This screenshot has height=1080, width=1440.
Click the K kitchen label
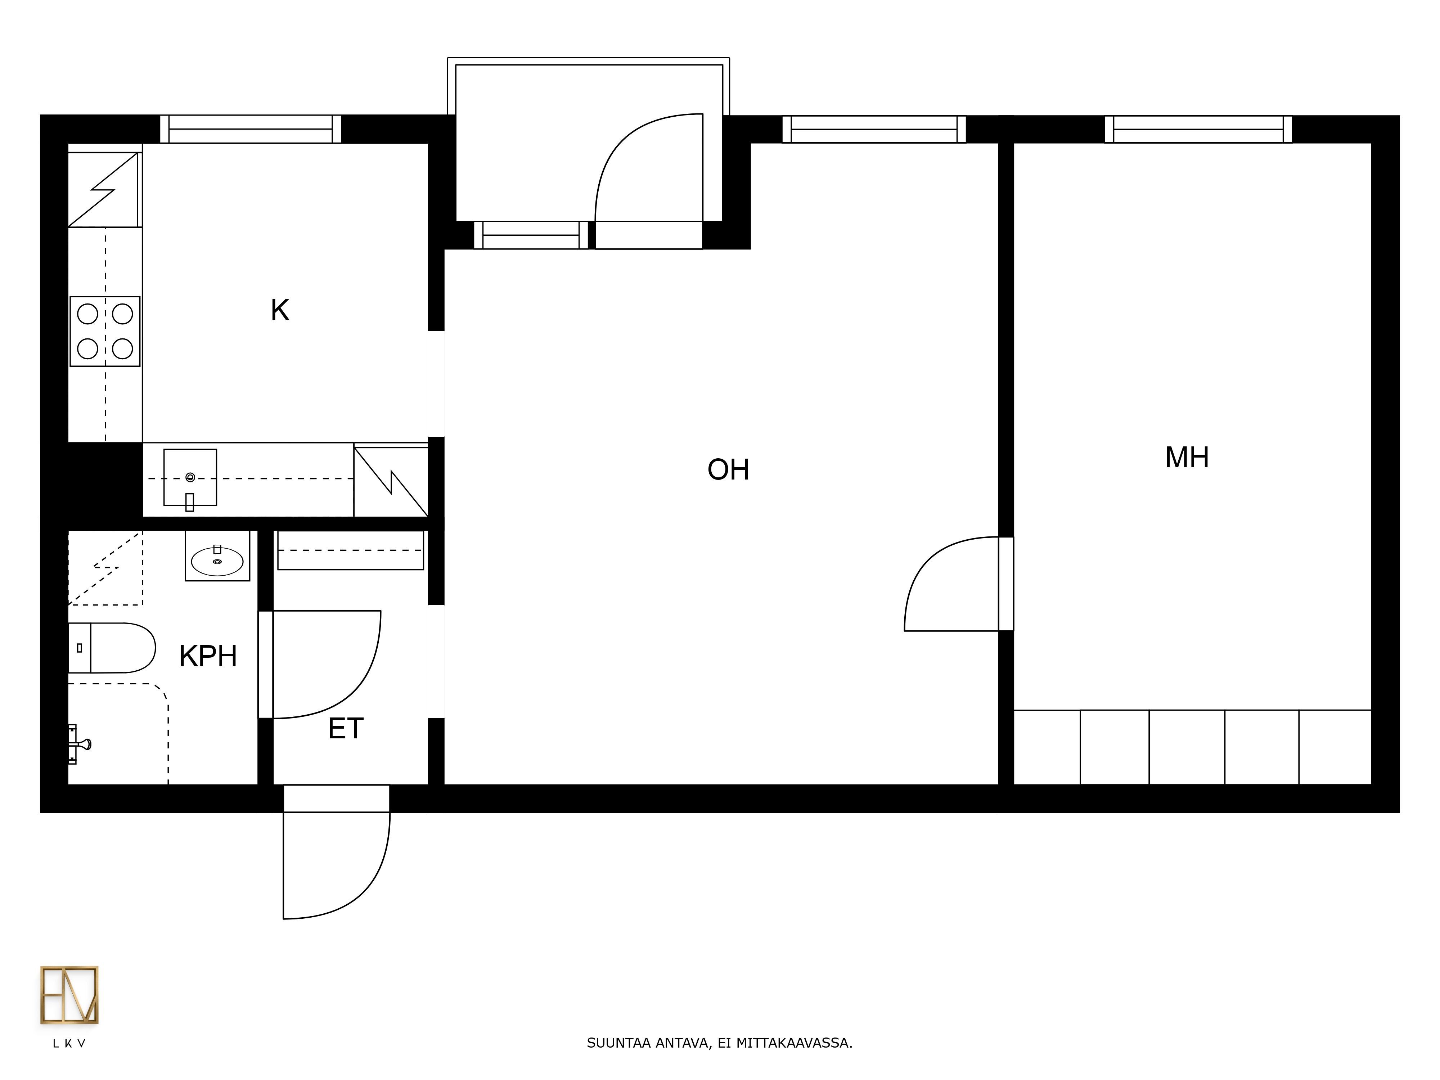(280, 311)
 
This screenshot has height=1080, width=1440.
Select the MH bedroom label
(1187, 458)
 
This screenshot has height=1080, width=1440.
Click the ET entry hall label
(346, 729)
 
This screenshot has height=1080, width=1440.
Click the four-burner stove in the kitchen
(105, 331)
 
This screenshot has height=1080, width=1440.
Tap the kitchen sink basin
(190, 477)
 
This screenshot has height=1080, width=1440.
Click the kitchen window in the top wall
(251, 129)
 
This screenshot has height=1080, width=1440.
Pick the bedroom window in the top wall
(1198, 129)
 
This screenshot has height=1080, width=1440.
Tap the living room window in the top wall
(874, 129)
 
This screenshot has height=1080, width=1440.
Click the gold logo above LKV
(69, 995)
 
